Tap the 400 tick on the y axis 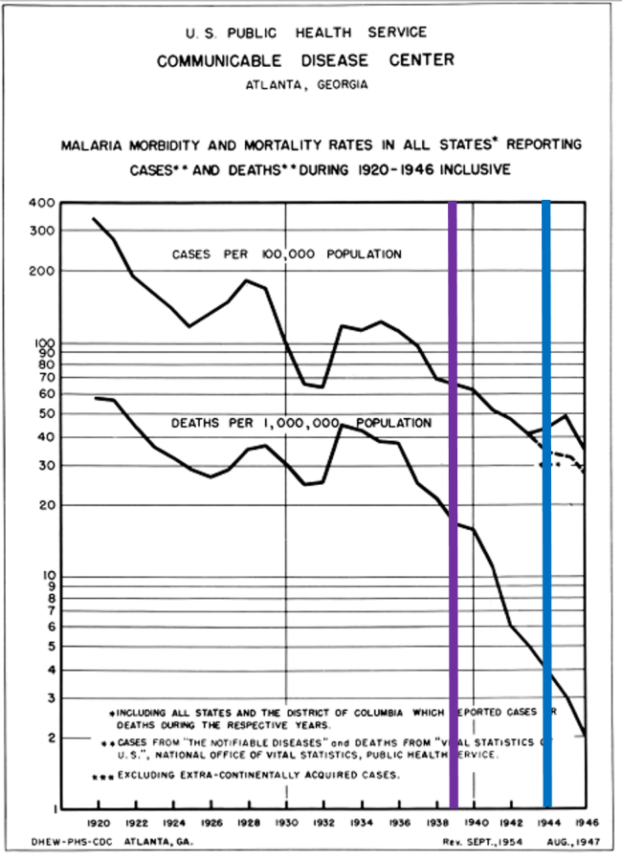[x=43, y=204]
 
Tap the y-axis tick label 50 [x=46, y=413]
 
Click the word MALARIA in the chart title [x=93, y=147]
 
